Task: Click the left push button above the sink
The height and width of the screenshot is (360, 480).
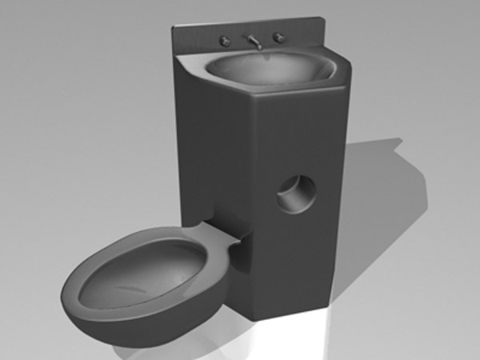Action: pyautogui.click(x=226, y=41)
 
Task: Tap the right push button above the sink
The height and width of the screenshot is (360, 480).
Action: pyautogui.click(x=279, y=38)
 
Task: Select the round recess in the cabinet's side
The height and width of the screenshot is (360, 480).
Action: pyautogui.click(x=296, y=195)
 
